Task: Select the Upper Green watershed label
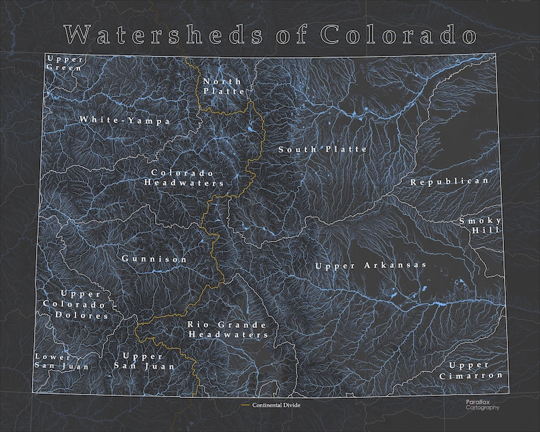click(65, 63)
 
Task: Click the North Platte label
click(222, 86)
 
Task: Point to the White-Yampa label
click(124, 120)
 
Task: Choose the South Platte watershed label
click(322, 149)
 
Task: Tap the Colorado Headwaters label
click(184, 178)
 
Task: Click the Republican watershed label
click(450, 182)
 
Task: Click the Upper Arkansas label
click(371, 265)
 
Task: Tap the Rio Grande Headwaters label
click(227, 329)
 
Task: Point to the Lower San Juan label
click(53, 361)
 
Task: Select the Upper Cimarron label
click(471, 370)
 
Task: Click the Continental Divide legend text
click(275, 405)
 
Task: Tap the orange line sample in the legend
click(246, 405)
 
